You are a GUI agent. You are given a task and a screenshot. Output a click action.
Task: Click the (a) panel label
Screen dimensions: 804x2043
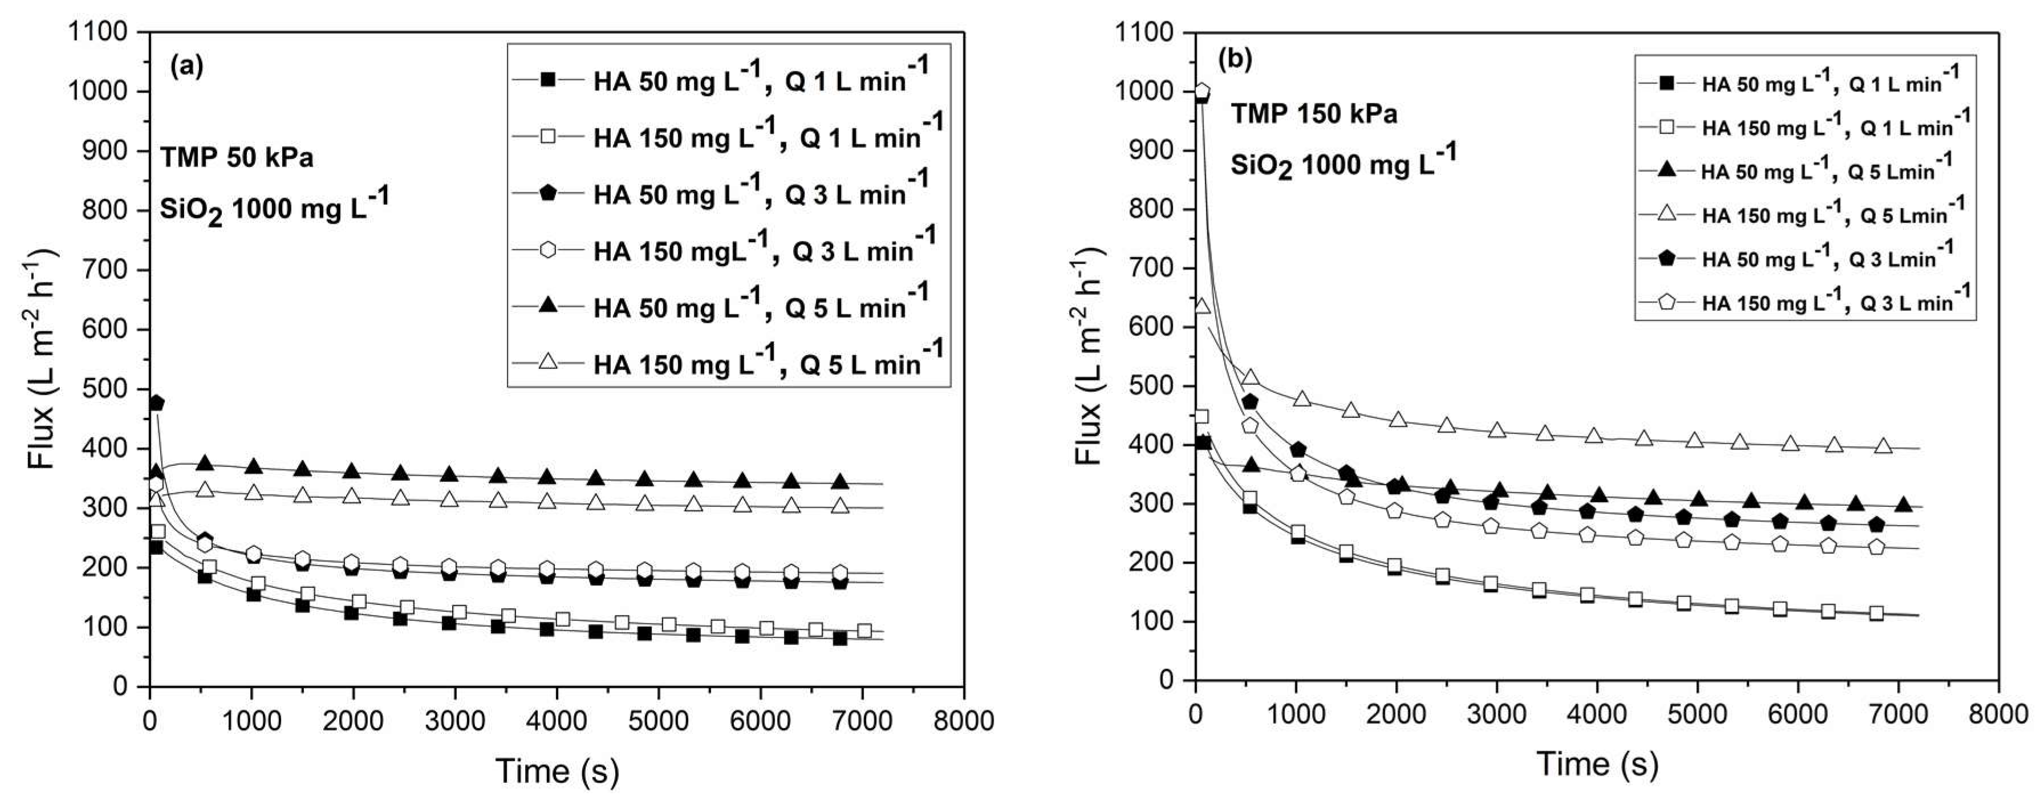point(187,67)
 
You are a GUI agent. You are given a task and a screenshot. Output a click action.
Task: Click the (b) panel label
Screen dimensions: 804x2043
point(1235,60)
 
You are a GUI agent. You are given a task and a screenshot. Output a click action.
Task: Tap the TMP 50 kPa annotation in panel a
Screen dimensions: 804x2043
point(236,158)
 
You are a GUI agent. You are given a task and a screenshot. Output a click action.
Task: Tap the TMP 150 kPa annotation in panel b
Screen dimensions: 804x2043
point(1313,114)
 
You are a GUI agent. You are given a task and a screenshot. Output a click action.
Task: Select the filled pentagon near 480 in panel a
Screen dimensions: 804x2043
point(156,403)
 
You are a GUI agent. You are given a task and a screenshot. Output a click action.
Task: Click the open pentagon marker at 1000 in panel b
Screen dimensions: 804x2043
point(1203,91)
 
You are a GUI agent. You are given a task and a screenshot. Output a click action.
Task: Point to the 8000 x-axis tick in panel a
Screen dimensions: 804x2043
point(964,721)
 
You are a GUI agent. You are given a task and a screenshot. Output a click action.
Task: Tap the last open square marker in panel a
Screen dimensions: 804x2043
point(864,631)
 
